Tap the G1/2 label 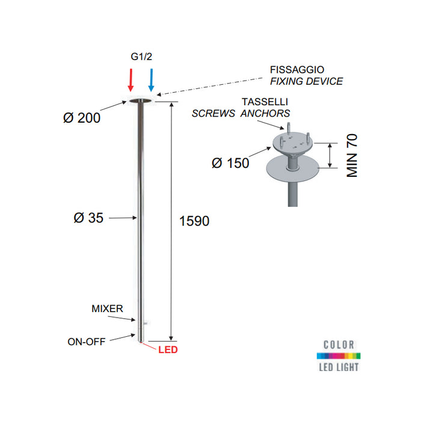pos(141,58)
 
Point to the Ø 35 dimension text pos(88,218)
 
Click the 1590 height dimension pos(194,221)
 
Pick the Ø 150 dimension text pos(230,163)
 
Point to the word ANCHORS pos(265,114)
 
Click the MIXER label pos(107,309)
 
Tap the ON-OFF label pos(87,342)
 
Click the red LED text pos(168,349)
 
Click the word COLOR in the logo pos(338,345)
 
